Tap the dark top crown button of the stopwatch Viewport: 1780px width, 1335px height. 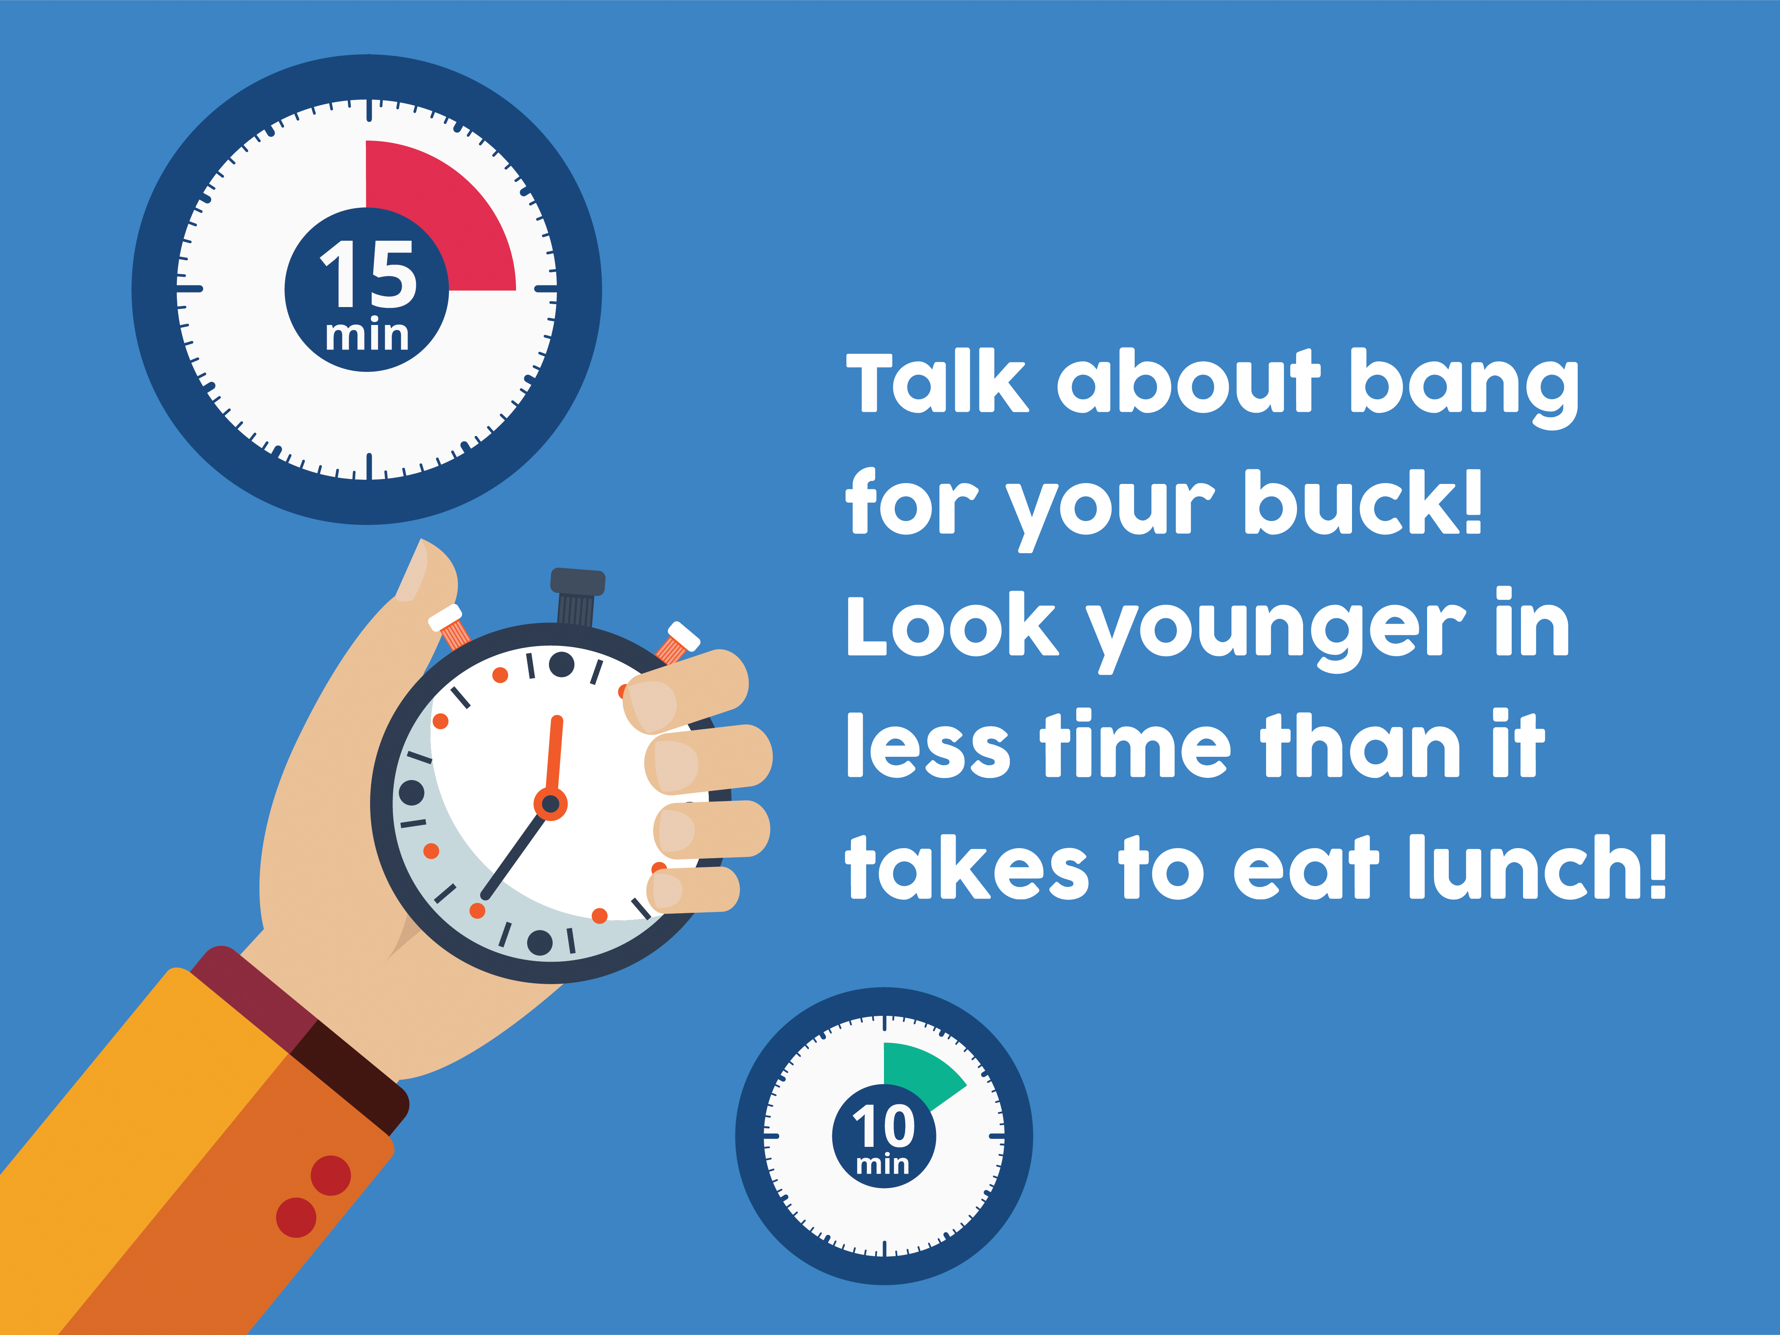(577, 596)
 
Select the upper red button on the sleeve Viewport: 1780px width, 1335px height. (331, 1176)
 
